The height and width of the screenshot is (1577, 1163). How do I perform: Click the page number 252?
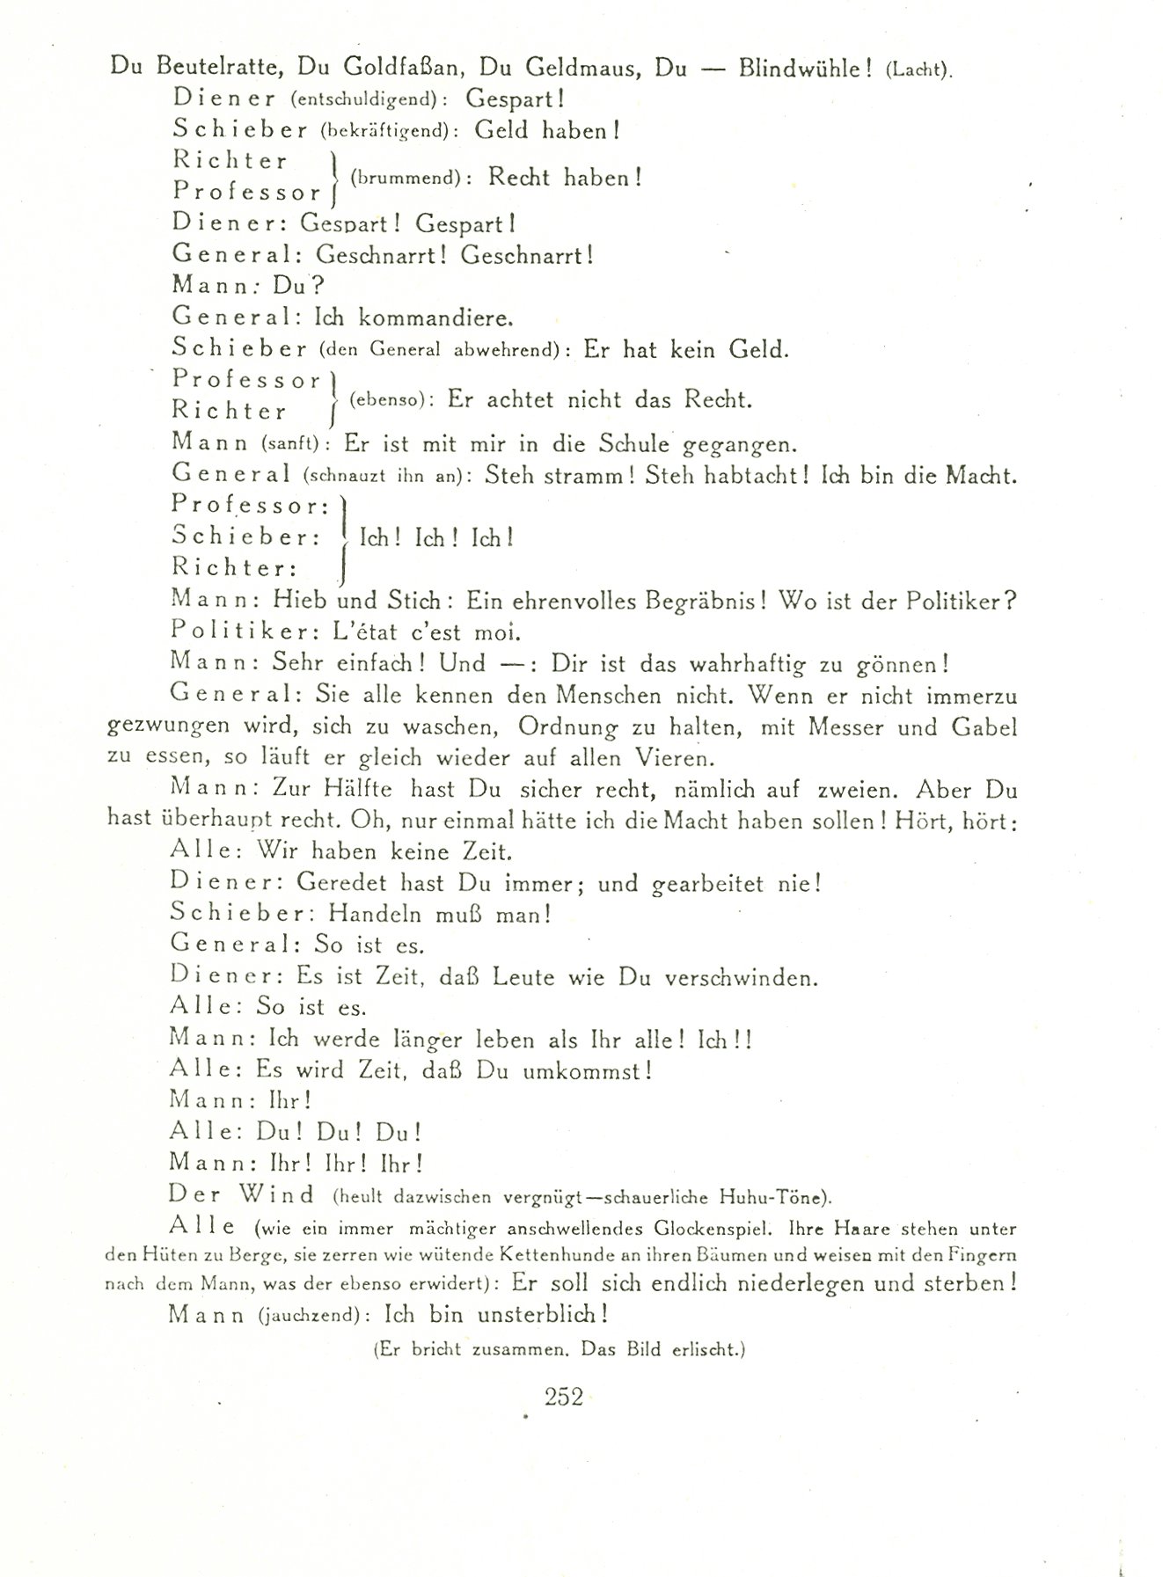(564, 1396)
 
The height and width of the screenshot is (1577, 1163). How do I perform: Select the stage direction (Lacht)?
(918, 71)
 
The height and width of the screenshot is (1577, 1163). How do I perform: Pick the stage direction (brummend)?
(406, 178)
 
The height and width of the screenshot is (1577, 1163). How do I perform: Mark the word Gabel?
(984, 727)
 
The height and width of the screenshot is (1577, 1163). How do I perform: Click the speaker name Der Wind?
(243, 1195)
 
